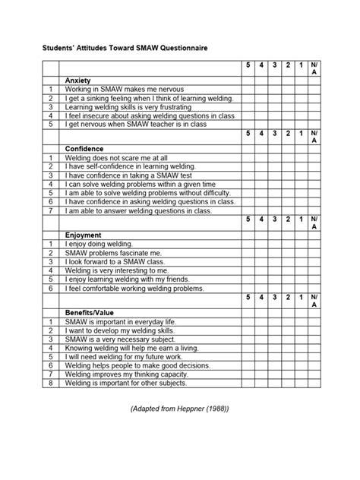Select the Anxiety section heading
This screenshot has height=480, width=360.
coord(79,80)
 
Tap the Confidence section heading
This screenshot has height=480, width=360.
coord(84,148)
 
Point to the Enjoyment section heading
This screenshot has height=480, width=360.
coord(84,235)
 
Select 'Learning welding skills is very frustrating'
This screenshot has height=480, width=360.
coord(125,107)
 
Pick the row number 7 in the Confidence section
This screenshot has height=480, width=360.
coord(49,210)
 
